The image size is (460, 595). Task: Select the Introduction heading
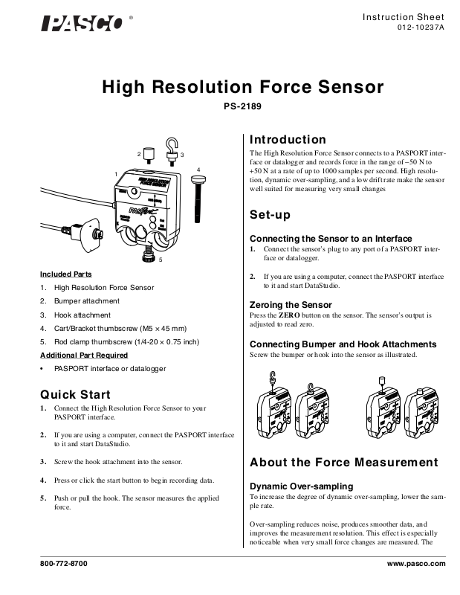click(288, 140)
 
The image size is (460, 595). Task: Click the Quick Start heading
click(75, 394)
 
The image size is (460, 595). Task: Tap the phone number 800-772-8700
click(63, 565)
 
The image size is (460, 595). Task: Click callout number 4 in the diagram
click(199, 170)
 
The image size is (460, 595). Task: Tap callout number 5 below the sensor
click(161, 260)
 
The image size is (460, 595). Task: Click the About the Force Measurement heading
click(343, 463)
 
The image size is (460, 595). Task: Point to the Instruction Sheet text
click(404, 16)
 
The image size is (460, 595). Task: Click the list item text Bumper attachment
click(86, 300)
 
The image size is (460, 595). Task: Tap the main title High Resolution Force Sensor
click(242, 87)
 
